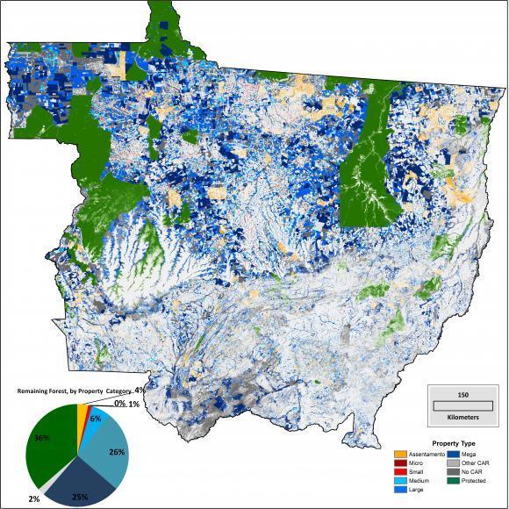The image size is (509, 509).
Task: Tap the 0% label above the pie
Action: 118,403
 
